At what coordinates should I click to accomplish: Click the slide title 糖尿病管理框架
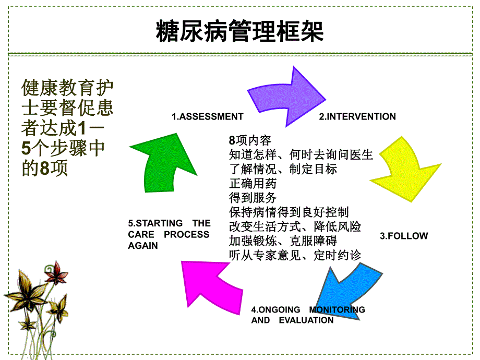click(239, 31)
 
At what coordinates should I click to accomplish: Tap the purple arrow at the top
click(287, 97)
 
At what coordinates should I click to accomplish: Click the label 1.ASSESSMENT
click(208, 117)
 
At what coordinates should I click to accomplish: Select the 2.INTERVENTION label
click(357, 117)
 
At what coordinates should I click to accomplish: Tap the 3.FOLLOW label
click(403, 236)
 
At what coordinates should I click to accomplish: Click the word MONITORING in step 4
click(337, 309)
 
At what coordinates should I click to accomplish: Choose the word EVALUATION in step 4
click(306, 320)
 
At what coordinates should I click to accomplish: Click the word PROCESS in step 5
click(186, 234)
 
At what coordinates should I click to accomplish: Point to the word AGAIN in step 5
click(142, 246)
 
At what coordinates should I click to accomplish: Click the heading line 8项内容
click(250, 141)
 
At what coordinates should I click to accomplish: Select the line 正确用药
click(253, 184)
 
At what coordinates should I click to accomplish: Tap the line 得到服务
click(253, 198)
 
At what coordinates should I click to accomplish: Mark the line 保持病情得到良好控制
click(289, 212)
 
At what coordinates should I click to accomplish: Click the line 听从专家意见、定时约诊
click(295, 255)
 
